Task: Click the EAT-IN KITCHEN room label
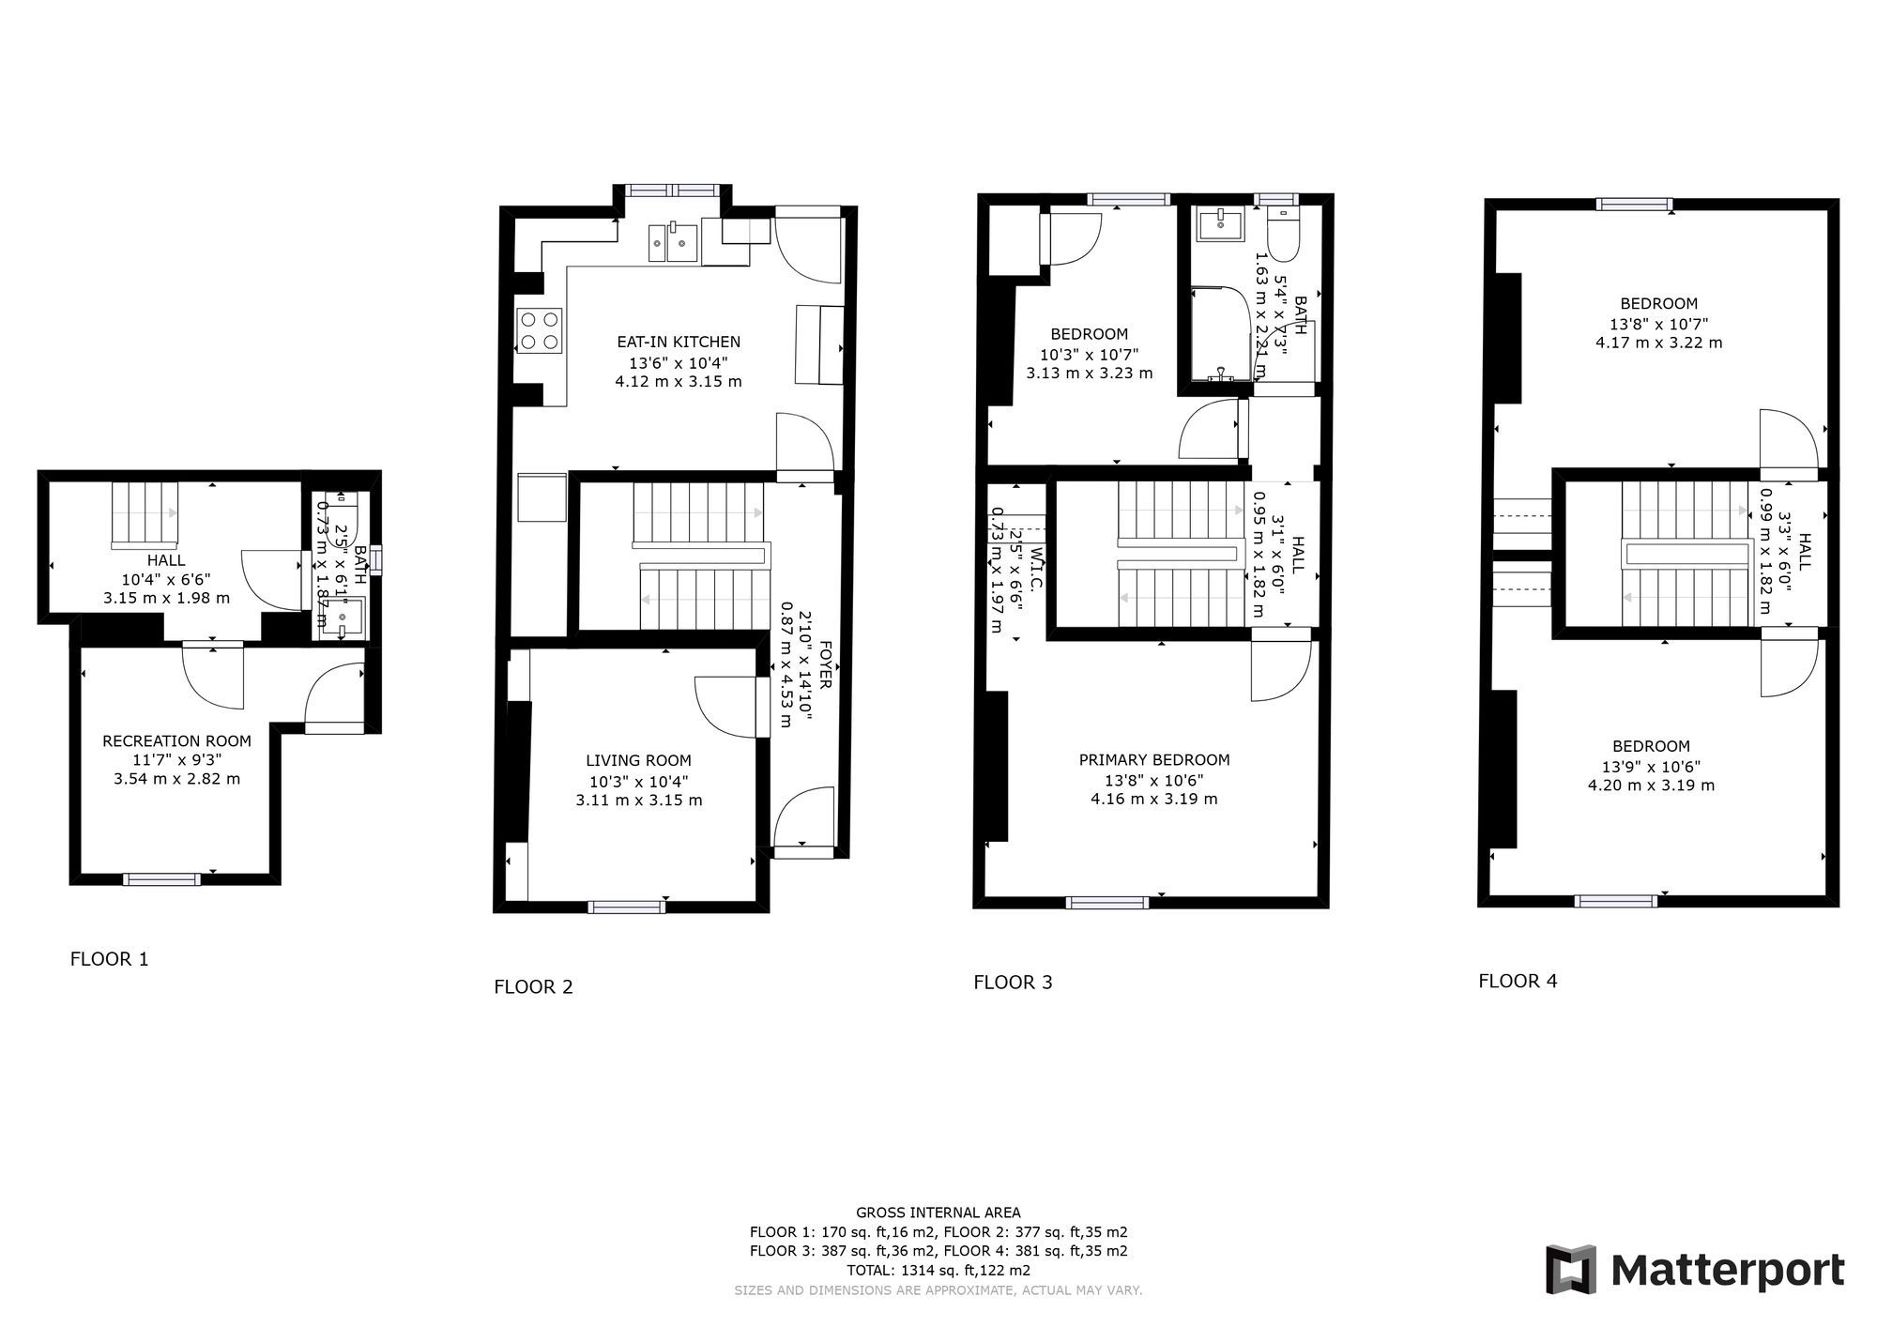click(x=678, y=343)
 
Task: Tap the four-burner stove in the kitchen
click(x=539, y=330)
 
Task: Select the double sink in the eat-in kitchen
click(x=673, y=243)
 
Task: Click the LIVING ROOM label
click(x=638, y=761)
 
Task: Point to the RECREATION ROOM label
click(x=176, y=741)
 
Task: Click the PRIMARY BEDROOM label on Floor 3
click(x=1153, y=760)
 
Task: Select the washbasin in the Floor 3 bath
click(x=1220, y=224)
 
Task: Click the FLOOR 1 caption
click(x=109, y=959)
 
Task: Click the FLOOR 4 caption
click(x=1518, y=981)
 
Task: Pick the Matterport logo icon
click(x=1571, y=1270)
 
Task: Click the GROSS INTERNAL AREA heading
click(x=938, y=1213)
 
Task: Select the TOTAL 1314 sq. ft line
click(x=938, y=1271)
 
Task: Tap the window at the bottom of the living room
click(x=627, y=907)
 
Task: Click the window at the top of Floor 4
click(x=1635, y=204)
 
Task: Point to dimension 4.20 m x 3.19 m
click(x=1651, y=786)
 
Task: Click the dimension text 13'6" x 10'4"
click(x=678, y=363)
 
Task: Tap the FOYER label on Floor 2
click(x=825, y=664)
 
